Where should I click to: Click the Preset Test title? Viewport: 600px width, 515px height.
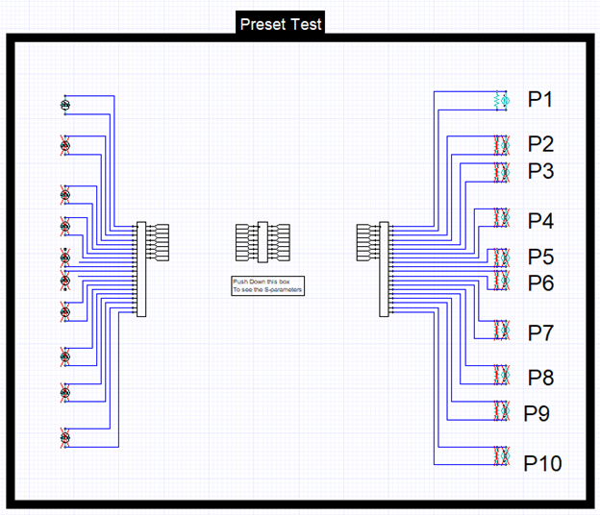click(x=281, y=23)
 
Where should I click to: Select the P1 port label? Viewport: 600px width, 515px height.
click(x=540, y=99)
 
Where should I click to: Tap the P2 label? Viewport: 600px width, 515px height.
click(x=540, y=144)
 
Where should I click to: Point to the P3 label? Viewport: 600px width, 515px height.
click(x=540, y=171)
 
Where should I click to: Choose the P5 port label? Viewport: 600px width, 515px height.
click(x=540, y=257)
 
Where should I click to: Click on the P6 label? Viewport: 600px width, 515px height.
click(x=540, y=282)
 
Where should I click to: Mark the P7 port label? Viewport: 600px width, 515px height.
click(x=540, y=332)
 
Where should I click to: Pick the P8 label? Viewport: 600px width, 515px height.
click(x=540, y=377)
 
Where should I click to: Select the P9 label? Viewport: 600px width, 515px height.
click(x=537, y=413)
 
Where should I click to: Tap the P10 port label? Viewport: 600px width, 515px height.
click(x=542, y=463)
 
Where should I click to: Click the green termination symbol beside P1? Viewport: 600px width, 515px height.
click(x=500, y=100)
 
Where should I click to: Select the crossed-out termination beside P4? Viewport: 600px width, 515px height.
click(x=500, y=217)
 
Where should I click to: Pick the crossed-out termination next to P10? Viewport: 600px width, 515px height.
click(x=500, y=457)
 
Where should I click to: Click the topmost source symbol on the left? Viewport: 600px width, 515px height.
click(x=65, y=104)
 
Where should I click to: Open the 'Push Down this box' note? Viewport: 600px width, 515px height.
click(x=267, y=285)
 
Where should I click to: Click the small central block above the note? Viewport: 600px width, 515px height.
click(x=262, y=241)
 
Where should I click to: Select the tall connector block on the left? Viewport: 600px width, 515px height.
click(x=141, y=268)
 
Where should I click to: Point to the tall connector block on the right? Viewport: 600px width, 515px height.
click(x=385, y=268)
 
